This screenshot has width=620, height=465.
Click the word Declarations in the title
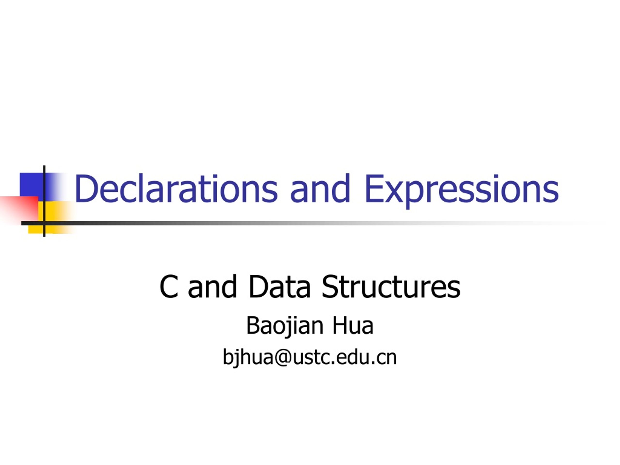click(x=176, y=188)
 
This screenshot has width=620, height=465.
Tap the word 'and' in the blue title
click(x=320, y=188)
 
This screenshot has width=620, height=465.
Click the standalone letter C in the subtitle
click(x=169, y=287)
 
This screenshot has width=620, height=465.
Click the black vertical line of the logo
click(x=44, y=201)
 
